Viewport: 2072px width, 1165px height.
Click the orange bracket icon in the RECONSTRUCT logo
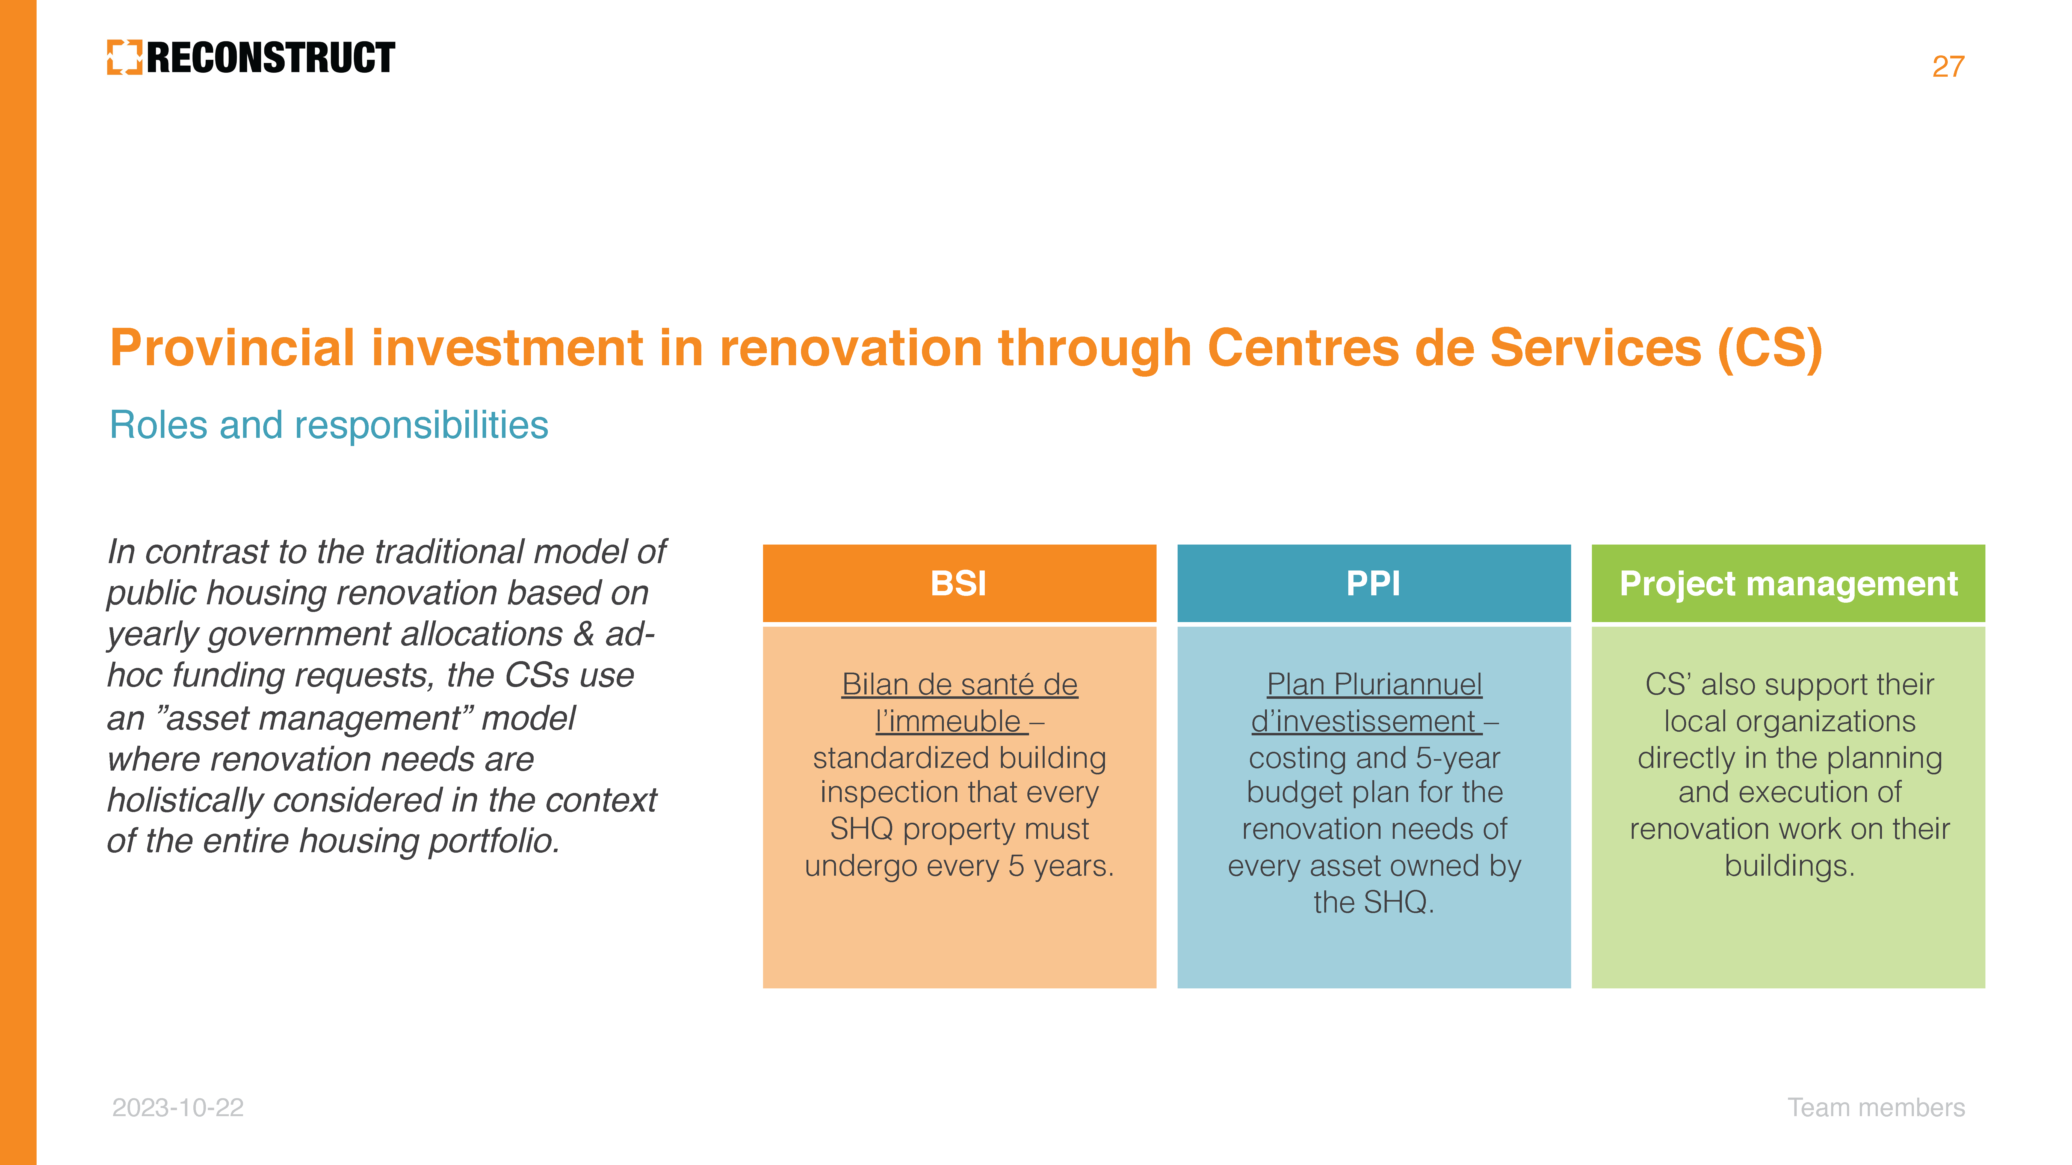tap(125, 57)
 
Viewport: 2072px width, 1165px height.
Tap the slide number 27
tap(1948, 67)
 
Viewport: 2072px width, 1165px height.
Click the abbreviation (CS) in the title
tap(1770, 349)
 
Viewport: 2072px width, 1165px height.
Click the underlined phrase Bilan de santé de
tap(960, 685)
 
